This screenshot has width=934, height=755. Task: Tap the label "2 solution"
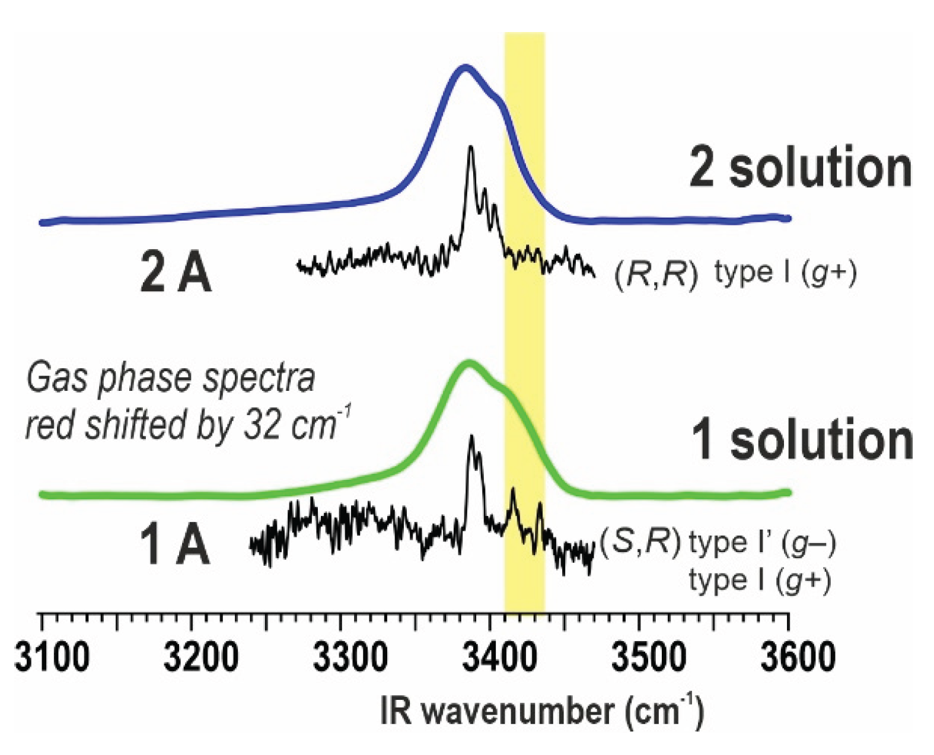[800, 168]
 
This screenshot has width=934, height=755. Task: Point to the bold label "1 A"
[174, 546]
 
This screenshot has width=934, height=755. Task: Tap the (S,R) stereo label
[640, 541]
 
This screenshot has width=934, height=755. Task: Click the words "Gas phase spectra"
[171, 378]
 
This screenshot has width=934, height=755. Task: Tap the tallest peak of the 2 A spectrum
[471, 148]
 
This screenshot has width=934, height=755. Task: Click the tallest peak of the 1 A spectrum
[471, 438]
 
